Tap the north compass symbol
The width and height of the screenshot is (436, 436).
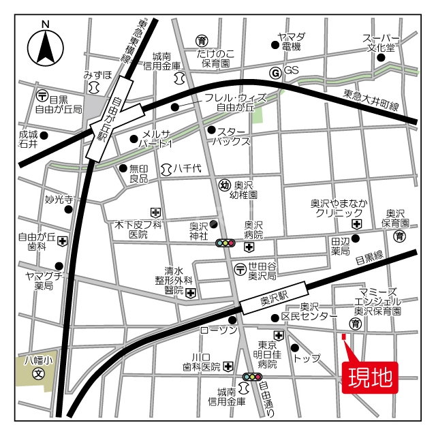[x=46, y=47]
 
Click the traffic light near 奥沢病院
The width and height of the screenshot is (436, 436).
[x=225, y=243]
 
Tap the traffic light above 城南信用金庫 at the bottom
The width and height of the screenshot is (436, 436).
[x=252, y=377]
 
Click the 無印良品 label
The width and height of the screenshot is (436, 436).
[x=138, y=174]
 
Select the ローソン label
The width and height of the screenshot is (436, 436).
[x=218, y=330]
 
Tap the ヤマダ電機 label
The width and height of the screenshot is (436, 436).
[x=291, y=42]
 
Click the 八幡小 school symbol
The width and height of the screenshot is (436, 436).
[x=39, y=373]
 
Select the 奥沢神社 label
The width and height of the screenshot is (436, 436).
[x=198, y=231]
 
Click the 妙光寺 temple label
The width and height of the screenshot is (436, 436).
[x=59, y=200]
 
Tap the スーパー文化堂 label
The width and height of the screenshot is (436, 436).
[x=380, y=43]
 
